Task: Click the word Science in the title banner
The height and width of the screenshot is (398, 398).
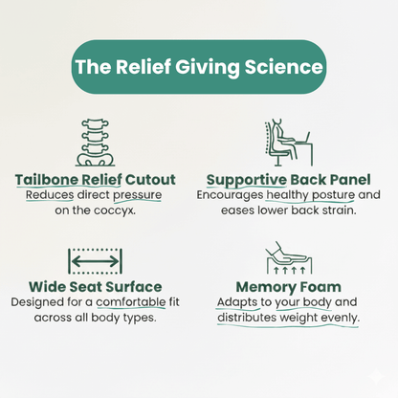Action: point(284,67)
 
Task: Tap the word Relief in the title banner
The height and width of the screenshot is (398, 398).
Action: point(144,67)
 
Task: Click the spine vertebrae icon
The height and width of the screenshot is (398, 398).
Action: point(95,143)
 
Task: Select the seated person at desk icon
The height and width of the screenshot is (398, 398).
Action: point(288,143)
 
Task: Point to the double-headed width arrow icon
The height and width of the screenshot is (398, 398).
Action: point(95,261)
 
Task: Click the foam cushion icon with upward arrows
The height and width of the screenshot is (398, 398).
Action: point(289,257)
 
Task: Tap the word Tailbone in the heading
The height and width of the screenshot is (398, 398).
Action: point(47,180)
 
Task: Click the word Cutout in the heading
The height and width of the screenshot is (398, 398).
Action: point(150,180)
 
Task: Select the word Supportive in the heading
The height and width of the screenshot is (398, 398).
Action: point(247,180)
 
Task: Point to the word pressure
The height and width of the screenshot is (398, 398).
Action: point(138,195)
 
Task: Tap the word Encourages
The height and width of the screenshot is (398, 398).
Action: point(230,195)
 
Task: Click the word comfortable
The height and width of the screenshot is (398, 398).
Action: point(131,302)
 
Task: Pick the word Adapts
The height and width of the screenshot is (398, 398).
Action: point(237,302)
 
